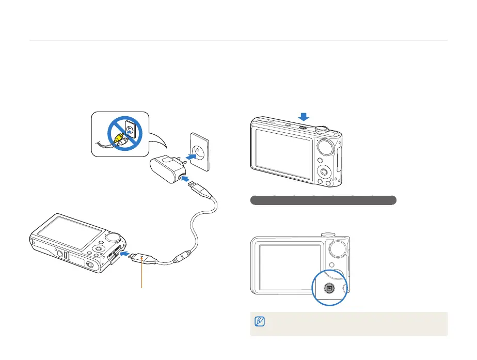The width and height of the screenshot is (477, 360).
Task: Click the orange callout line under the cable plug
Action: pyautogui.click(x=141, y=276)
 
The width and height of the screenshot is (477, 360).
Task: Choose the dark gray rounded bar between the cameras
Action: pyautogui.click(x=323, y=200)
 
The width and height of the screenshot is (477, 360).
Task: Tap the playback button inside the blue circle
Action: pyautogui.click(x=330, y=287)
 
